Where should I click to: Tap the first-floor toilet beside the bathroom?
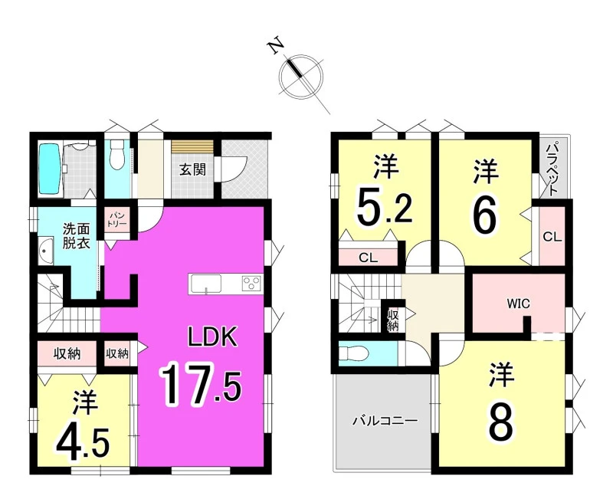(x=116, y=155)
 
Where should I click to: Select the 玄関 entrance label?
(x=192, y=169)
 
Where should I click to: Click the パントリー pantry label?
(x=117, y=220)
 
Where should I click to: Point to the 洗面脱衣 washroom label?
(x=77, y=236)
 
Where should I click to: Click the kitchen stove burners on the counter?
(x=252, y=283)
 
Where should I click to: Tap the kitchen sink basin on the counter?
(x=205, y=282)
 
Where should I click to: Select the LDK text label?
(x=213, y=337)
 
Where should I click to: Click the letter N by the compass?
(x=276, y=45)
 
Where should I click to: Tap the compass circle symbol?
(x=301, y=76)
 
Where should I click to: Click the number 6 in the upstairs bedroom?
(x=485, y=217)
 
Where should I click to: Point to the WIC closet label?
(x=519, y=303)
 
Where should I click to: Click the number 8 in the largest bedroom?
(x=501, y=425)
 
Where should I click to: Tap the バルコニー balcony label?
(x=385, y=421)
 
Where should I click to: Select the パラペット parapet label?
(x=552, y=169)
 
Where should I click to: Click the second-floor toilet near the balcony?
(x=353, y=354)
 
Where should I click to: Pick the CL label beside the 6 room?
(x=552, y=237)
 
